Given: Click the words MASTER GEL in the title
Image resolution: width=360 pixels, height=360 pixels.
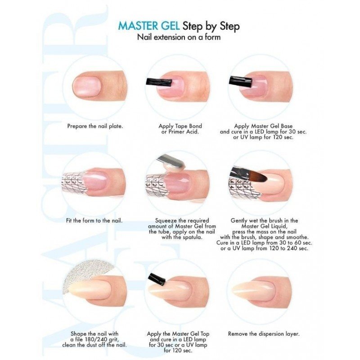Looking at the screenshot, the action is point(148,26).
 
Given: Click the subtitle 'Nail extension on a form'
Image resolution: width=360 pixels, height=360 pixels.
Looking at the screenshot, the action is point(179,37).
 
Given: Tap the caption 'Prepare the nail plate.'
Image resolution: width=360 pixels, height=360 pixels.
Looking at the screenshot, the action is point(95,126).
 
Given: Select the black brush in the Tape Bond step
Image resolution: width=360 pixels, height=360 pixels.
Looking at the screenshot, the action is point(159,83).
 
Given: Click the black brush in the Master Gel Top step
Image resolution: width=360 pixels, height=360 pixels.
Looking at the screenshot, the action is point(157,279).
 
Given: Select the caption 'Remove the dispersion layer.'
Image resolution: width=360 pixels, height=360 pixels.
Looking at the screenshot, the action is point(264,333).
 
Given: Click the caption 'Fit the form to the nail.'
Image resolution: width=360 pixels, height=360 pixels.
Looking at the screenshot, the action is point(94,220).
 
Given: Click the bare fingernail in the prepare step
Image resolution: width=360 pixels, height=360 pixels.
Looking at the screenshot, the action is point(87,86).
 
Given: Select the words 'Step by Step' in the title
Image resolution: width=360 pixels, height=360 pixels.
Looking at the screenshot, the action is point(211,26).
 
